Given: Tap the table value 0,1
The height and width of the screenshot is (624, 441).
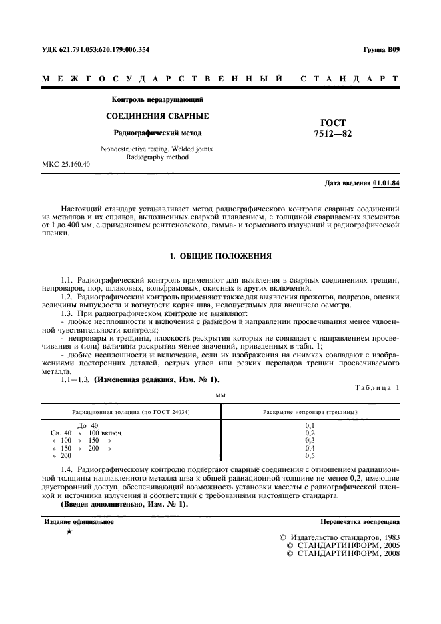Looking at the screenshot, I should click(310, 425).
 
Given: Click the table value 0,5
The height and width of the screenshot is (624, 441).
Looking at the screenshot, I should click(310, 455).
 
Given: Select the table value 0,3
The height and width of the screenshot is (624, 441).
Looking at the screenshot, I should click(310, 441).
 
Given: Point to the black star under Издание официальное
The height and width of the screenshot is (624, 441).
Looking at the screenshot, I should click(69, 532).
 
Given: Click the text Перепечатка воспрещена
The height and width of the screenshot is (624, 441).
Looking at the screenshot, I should click(360, 522).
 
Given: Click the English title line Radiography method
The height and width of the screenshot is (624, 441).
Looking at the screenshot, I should click(157, 157).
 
